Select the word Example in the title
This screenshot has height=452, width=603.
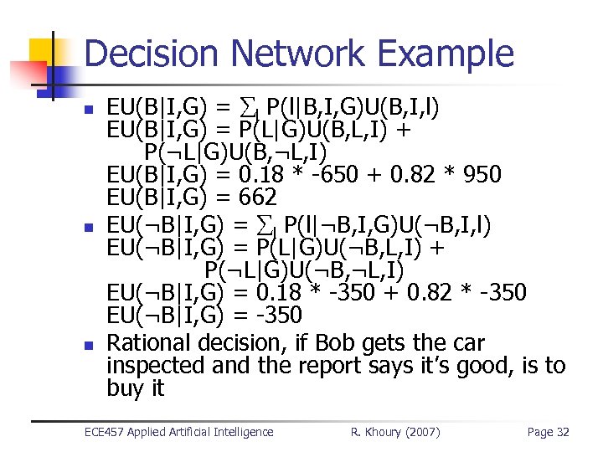coord(445,54)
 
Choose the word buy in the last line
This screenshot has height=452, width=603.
coord(124,389)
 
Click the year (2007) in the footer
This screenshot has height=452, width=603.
coord(422,432)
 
